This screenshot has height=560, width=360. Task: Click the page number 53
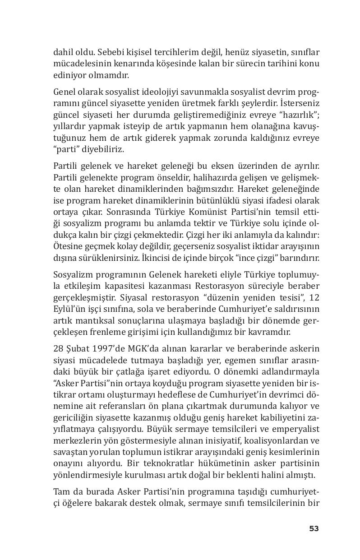[314, 528]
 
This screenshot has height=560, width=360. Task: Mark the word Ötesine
[67, 247]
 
